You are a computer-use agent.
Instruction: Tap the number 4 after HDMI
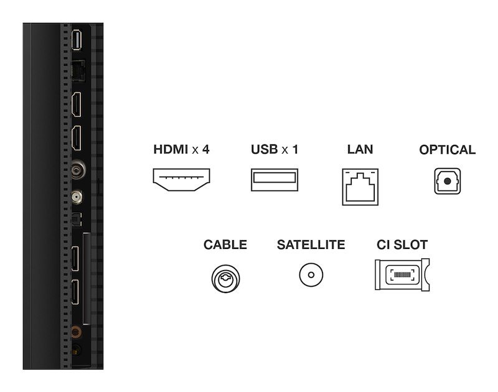[205, 150]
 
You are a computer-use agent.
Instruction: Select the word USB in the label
[265, 150]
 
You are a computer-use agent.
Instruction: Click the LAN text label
[360, 150]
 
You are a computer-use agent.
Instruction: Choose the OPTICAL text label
[447, 150]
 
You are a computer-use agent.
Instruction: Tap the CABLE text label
[225, 245]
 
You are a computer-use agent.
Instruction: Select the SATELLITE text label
[311, 245]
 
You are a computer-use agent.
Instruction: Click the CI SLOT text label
[402, 245]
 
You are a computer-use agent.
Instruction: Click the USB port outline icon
[275, 180]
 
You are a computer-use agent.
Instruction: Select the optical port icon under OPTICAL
[447, 182]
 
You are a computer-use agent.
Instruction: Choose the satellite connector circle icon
[311, 274]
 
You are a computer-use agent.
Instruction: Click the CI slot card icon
[402, 274]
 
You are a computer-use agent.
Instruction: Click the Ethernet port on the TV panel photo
[77, 71]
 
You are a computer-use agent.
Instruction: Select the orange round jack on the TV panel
[75, 333]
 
